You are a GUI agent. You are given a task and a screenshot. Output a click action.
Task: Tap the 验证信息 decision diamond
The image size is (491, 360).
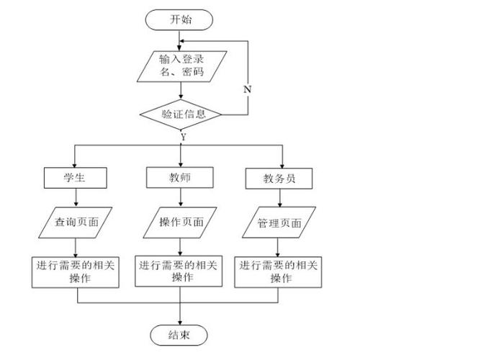(180, 113)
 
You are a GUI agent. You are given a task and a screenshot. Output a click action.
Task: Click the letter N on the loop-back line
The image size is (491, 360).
(247, 89)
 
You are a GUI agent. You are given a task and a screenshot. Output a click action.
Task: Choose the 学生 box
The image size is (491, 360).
(75, 177)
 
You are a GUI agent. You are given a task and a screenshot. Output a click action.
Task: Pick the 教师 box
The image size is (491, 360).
(179, 176)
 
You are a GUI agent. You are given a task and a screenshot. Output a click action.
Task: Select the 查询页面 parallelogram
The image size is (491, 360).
(75, 222)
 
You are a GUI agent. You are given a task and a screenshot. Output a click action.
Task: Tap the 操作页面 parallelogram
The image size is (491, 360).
(180, 222)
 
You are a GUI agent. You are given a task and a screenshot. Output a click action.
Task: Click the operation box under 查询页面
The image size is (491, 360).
(75, 271)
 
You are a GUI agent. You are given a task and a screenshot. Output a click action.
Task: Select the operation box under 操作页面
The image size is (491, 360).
(179, 271)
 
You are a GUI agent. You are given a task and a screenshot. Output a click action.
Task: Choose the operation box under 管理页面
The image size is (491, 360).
(279, 271)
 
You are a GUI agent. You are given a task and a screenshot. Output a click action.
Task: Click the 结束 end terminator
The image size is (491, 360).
(179, 335)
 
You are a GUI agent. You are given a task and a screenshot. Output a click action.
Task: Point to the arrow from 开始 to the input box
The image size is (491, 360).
(181, 40)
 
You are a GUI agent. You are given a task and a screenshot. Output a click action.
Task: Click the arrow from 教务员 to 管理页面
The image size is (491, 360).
(279, 199)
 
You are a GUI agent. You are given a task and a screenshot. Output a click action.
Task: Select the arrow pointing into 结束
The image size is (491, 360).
(179, 314)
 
